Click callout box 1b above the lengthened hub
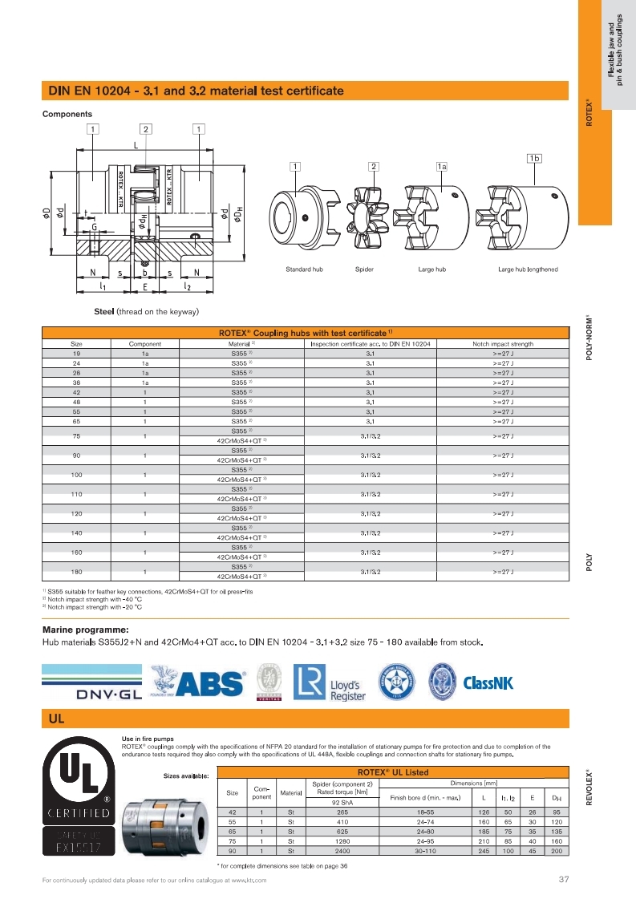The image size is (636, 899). point(533,158)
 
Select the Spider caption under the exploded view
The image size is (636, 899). point(364,269)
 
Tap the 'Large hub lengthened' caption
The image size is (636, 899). point(528,269)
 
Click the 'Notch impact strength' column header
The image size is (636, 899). point(503,344)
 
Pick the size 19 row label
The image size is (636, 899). point(76,354)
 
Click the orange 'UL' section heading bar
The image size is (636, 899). point(305,719)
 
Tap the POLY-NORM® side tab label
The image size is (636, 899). point(590,337)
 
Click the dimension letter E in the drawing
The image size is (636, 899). point(144,285)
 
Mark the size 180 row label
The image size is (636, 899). point(76,573)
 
